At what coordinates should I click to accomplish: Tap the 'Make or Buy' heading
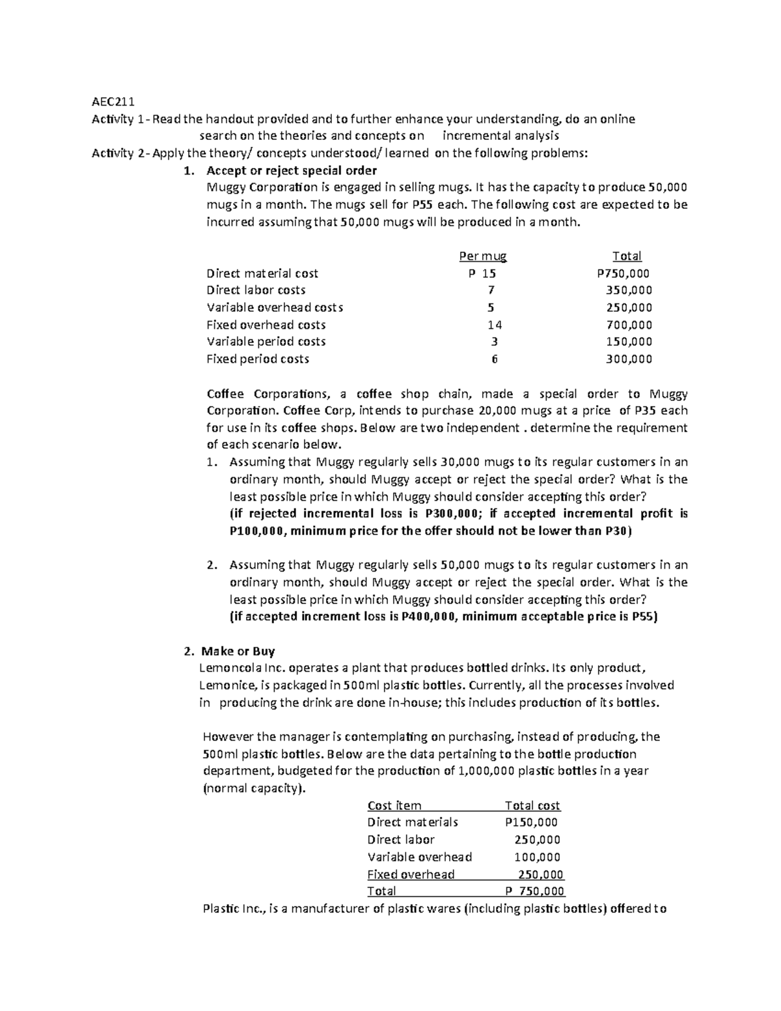pyautogui.click(x=238, y=651)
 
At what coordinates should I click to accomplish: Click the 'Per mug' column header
pyautogui.click(x=483, y=256)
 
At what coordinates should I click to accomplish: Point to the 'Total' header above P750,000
pyautogui.click(x=627, y=256)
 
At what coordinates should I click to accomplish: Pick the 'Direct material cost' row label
pyautogui.click(x=262, y=273)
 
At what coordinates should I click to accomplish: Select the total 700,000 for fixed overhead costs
pyautogui.click(x=629, y=325)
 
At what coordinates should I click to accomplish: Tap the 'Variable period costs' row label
pyautogui.click(x=266, y=342)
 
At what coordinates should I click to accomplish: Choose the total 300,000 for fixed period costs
pyautogui.click(x=629, y=359)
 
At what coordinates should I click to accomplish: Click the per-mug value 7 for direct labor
pyautogui.click(x=491, y=290)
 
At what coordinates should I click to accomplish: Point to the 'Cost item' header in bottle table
pyautogui.click(x=394, y=805)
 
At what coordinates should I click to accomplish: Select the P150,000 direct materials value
pyautogui.click(x=531, y=822)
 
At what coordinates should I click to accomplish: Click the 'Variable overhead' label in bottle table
pyautogui.click(x=420, y=857)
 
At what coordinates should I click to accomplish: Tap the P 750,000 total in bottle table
pyautogui.click(x=534, y=891)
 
